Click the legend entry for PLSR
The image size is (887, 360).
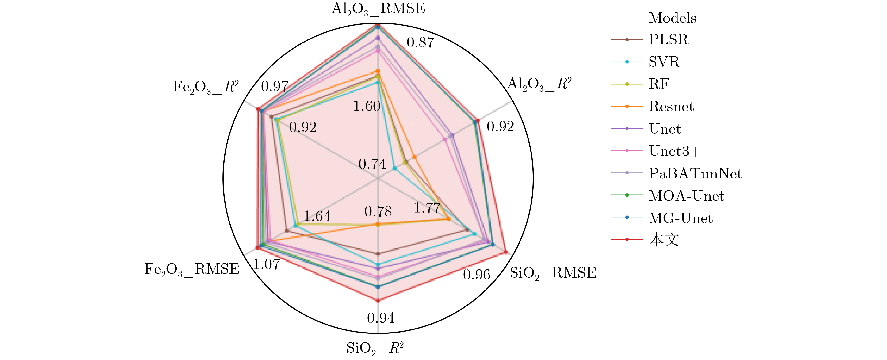[x=668, y=40]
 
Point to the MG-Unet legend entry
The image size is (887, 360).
[x=681, y=218]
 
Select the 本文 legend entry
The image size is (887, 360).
[x=664, y=240]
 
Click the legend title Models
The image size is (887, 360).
[x=672, y=18]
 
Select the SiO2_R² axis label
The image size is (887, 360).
[x=375, y=348]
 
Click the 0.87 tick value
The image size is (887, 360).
[x=420, y=42]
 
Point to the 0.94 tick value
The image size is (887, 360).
[x=380, y=318]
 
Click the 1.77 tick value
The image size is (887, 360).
[x=427, y=208]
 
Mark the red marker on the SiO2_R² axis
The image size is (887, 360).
[x=378, y=301]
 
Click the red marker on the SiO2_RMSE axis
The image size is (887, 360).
[x=505, y=252]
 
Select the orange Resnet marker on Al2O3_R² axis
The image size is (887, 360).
[x=415, y=157]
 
